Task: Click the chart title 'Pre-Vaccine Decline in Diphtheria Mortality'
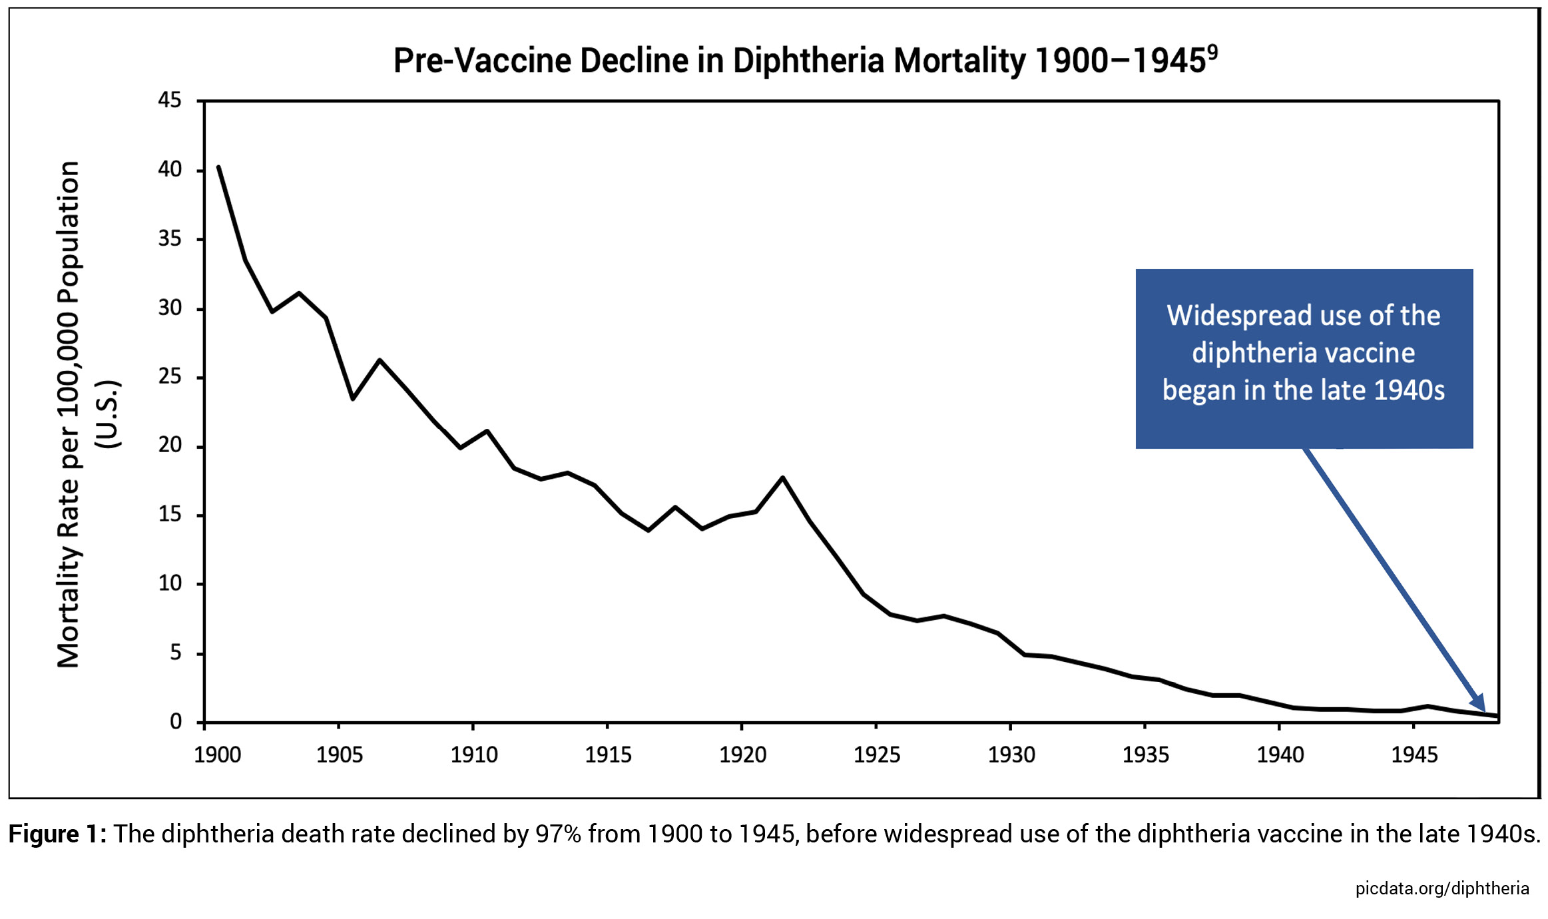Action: tap(799, 61)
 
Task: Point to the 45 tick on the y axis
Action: tap(169, 100)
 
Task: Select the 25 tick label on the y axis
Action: tap(169, 377)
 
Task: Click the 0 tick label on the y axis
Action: tap(175, 722)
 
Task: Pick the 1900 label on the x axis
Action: tap(217, 755)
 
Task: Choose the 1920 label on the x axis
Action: tap(742, 755)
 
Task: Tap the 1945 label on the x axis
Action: tap(1414, 755)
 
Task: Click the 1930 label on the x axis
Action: tap(1011, 755)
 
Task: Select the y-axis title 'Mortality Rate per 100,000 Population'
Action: tap(69, 413)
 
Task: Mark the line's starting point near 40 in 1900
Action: tap(218, 167)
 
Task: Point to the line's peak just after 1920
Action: tap(783, 477)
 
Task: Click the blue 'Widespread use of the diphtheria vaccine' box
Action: tap(1304, 358)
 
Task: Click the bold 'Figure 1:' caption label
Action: tap(57, 834)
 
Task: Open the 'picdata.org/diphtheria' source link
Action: tap(1442, 888)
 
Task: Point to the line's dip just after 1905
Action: tap(352, 398)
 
